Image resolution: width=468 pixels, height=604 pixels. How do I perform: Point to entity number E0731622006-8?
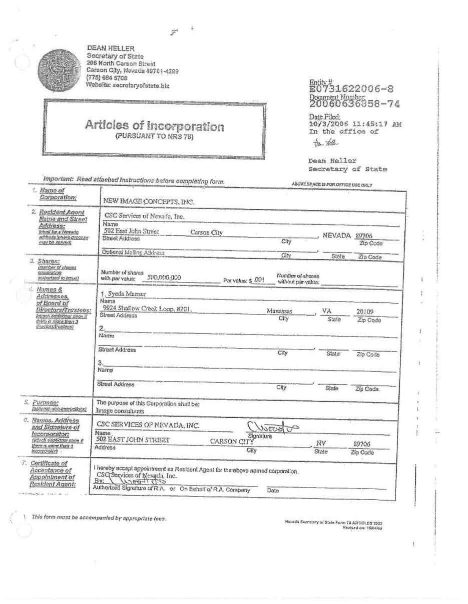tap(351, 89)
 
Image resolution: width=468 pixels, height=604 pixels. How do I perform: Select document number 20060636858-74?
tap(354, 104)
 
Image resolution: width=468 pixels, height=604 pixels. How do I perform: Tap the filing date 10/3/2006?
tap(325, 124)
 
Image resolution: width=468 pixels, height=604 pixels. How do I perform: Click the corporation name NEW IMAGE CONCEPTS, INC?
tap(148, 201)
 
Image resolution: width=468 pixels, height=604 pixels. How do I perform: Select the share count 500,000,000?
tap(164, 277)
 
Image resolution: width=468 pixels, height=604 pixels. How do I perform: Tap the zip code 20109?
tap(365, 311)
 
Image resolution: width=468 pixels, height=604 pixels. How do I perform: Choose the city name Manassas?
tap(280, 311)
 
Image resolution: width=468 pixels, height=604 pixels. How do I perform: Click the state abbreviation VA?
tap(327, 311)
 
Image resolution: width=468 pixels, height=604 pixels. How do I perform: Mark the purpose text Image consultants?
tap(120, 411)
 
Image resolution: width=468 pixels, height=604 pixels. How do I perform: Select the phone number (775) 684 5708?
tap(107, 78)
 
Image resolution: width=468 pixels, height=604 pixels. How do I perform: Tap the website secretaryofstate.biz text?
tap(128, 85)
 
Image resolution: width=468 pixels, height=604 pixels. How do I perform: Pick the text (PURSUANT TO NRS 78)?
tap(154, 137)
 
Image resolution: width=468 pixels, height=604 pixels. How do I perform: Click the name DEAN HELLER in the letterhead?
tap(111, 48)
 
